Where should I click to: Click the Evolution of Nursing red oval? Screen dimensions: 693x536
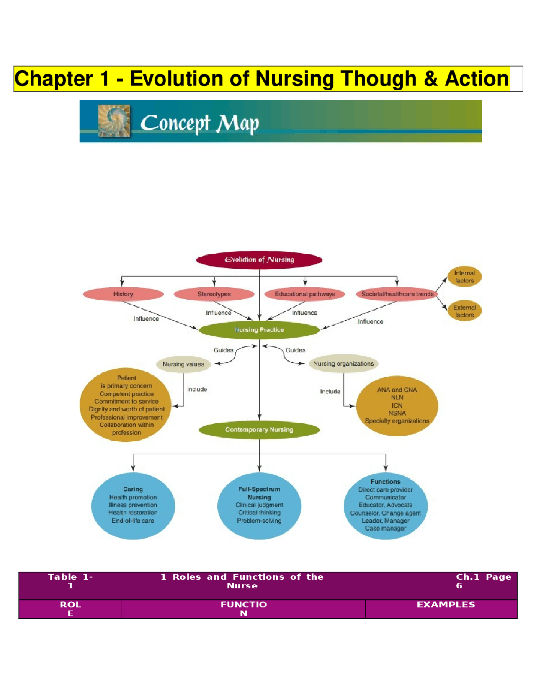coord(259,260)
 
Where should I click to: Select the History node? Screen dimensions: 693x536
coord(123,294)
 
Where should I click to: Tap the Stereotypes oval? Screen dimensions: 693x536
coord(214,294)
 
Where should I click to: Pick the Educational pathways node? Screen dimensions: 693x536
coord(305,294)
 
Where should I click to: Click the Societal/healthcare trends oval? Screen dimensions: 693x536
coord(397,294)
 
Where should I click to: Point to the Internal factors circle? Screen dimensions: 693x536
coord(464,277)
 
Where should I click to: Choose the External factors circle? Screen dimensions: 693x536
coord(464,311)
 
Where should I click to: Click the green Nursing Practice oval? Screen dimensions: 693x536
coord(259,330)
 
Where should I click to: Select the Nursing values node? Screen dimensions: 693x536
coord(183,364)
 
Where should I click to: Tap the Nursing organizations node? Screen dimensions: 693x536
coord(343,364)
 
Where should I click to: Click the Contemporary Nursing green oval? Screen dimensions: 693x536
coord(259,430)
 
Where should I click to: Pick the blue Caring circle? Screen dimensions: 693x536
coord(133,506)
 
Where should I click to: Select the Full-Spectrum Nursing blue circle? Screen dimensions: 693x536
coord(259,506)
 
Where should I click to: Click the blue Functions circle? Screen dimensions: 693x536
coord(385,506)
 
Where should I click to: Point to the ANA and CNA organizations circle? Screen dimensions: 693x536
coord(397,406)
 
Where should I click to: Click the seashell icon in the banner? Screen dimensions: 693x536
coord(114,121)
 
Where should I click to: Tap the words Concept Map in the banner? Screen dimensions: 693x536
coord(199,123)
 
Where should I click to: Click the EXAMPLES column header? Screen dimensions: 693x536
coord(446,604)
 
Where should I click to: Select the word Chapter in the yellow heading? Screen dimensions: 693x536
coord(54,79)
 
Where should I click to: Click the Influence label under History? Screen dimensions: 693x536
coord(146,319)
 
